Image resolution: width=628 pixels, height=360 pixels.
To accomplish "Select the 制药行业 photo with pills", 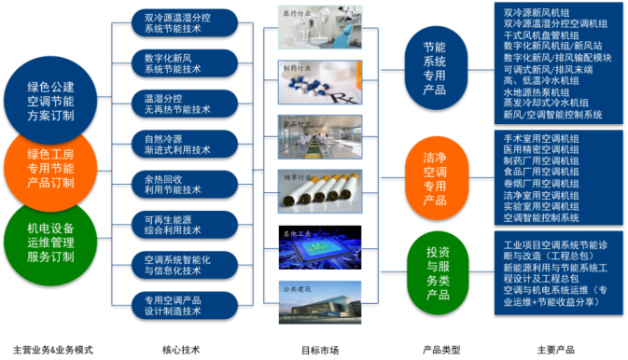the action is (x=320, y=85).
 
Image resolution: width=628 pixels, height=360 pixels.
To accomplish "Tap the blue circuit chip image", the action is (x=320, y=247).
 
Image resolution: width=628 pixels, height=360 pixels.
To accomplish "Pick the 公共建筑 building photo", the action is (x=320, y=301).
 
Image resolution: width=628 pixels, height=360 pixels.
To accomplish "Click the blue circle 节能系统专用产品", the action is (x=435, y=67).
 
